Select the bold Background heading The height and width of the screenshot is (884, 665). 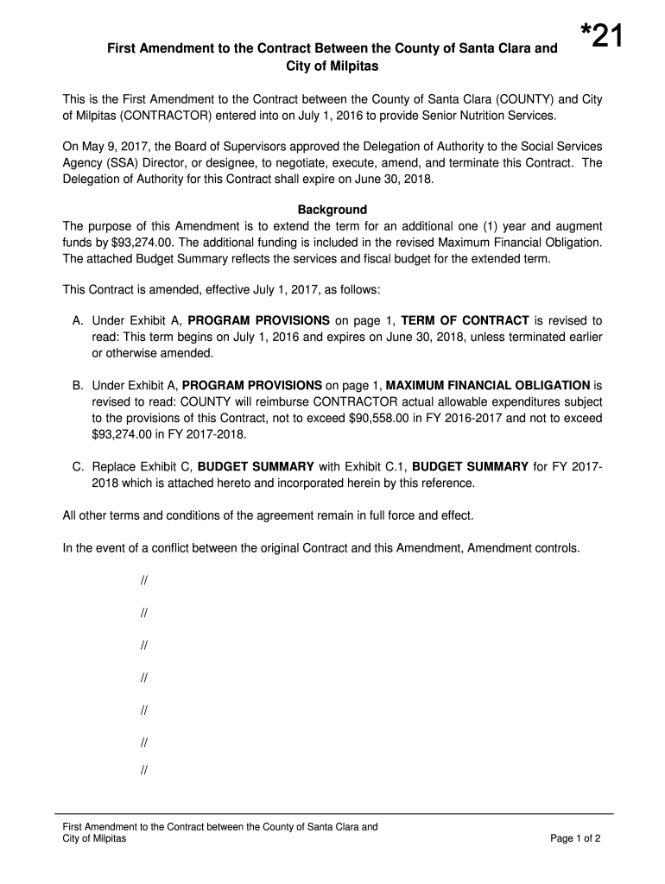point(332,210)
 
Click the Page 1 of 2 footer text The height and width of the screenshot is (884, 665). point(575,838)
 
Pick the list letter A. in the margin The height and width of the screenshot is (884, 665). point(77,320)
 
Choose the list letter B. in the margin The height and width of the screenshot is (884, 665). point(77,385)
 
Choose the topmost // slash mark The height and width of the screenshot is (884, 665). point(142,580)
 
